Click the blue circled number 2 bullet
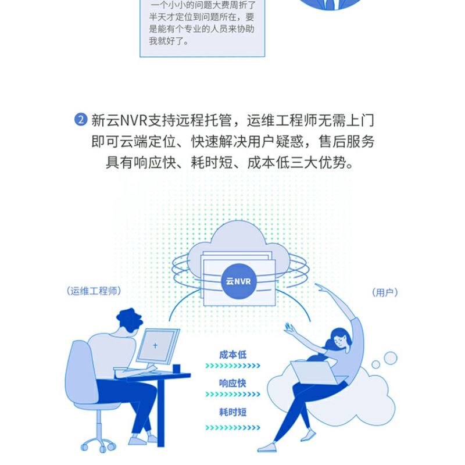click(81, 120)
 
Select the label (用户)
click(385, 292)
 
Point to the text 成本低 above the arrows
click(233, 355)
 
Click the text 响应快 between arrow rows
click(233, 384)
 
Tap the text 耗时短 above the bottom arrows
click(233, 412)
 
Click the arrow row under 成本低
click(233, 366)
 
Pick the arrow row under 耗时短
click(233, 428)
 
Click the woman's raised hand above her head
click(319, 287)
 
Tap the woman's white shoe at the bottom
click(267, 448)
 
